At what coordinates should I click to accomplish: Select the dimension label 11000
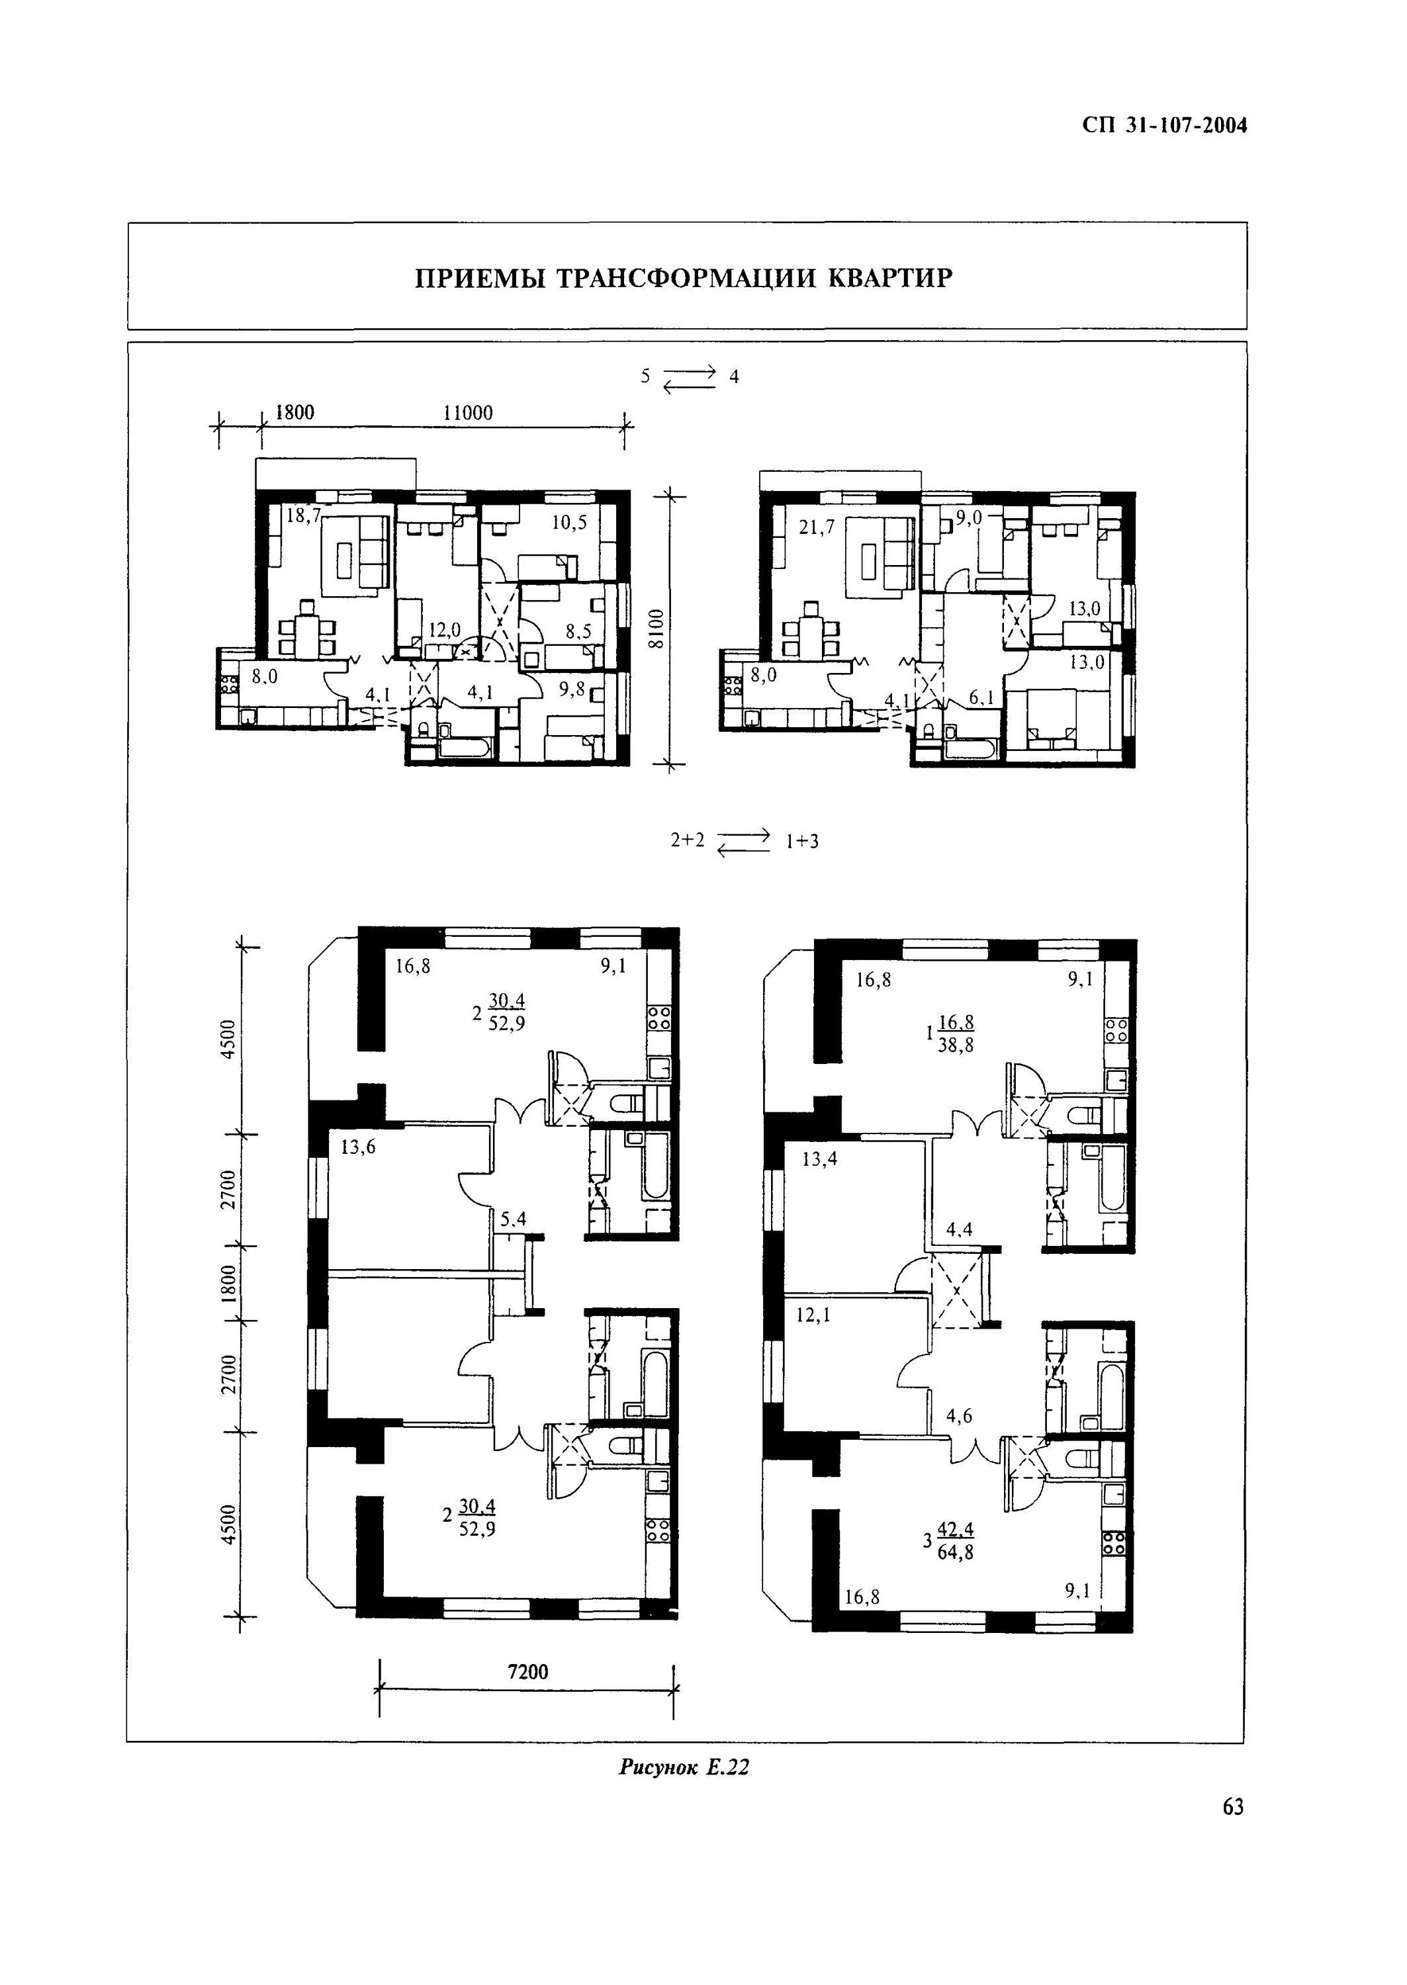point(468,413)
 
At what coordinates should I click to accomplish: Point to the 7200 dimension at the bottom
point(527,1671)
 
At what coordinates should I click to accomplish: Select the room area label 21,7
point(816,527)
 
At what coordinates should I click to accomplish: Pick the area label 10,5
point(569,523)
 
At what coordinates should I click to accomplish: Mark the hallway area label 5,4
point(514,1219)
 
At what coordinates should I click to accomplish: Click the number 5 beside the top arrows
point(645,376)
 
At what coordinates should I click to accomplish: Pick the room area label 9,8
point(572,689)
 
